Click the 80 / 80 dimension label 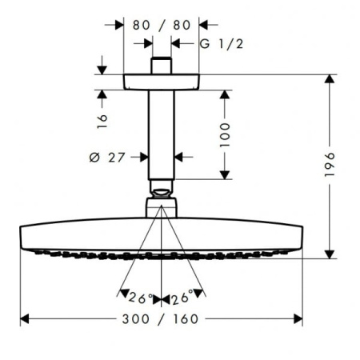(161, 25)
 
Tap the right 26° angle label (182, 298)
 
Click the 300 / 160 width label (161, 319)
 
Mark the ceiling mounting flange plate (161, 82)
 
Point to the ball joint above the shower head (161, 194)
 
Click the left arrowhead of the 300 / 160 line (25, 319)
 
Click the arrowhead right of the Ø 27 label (179, 158)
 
